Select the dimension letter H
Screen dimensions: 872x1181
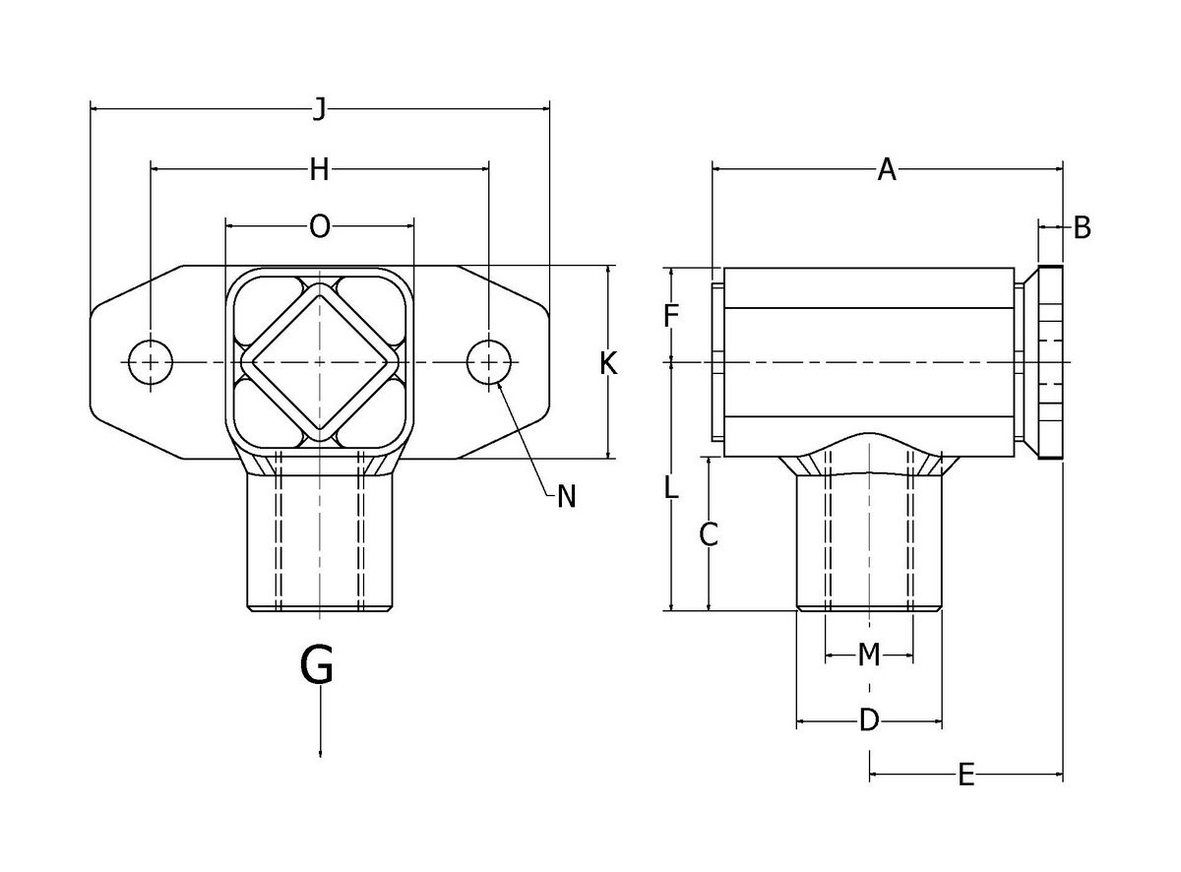[x=319, y=170]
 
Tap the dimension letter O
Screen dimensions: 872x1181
[x=320, y=227]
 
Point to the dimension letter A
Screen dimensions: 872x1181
[x=887, y=170]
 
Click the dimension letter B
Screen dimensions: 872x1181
[x=1082, y=228]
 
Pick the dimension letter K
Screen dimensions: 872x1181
[x=608, y=364]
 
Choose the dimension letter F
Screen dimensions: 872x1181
[x=671, y=316]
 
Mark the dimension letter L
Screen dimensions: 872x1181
[x=670, y=486]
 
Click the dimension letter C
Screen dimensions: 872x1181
[x=709, y=534]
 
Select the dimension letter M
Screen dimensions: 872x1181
[x=868, y=654]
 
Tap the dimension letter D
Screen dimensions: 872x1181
[x=868, y=721]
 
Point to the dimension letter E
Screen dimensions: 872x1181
[x=965, y=777]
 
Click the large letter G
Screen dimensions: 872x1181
[x=318, y=665]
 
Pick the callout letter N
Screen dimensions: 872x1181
[x=566, y=497]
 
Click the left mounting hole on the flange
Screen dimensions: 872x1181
[x=150, y=362]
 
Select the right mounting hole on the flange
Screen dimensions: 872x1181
[x=489, y=362]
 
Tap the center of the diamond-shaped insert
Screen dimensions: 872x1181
[x=320, y=362]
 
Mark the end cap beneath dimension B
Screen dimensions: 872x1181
[x=1049, y=362]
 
